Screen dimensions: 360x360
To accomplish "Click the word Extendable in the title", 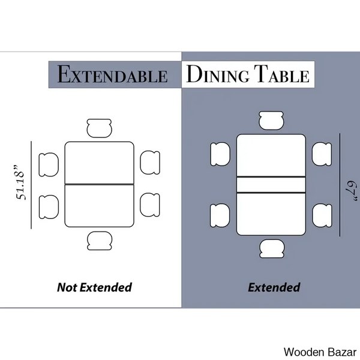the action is coord(112,74).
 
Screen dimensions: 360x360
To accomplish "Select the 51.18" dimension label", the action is coord(20,182).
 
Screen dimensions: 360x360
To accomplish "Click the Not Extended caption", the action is coord(94,287).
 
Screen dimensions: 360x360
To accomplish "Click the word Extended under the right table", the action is coord(274,287).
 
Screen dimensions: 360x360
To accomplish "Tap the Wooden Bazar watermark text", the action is coord(320,352).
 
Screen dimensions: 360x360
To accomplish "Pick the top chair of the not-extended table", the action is coord(100,128).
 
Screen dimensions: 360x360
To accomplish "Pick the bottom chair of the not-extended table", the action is coord(100,241).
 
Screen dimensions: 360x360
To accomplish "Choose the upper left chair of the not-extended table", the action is coord(49,164).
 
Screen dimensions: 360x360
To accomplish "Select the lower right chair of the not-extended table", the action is coord(150,205).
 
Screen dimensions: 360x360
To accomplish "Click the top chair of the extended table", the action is coord(271,121).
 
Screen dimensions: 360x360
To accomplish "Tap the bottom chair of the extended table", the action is coord(272,248).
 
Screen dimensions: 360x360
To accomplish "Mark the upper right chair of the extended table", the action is coord(322,154).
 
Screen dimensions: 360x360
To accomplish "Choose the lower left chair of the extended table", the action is coord(220,215).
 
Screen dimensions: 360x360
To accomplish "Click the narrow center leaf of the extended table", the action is coord(271,185).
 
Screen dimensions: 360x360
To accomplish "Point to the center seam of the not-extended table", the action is coord(100,184).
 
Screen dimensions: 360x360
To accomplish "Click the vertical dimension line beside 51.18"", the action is coord(31,185).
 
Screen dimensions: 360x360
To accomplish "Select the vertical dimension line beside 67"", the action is coord(340,185).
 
